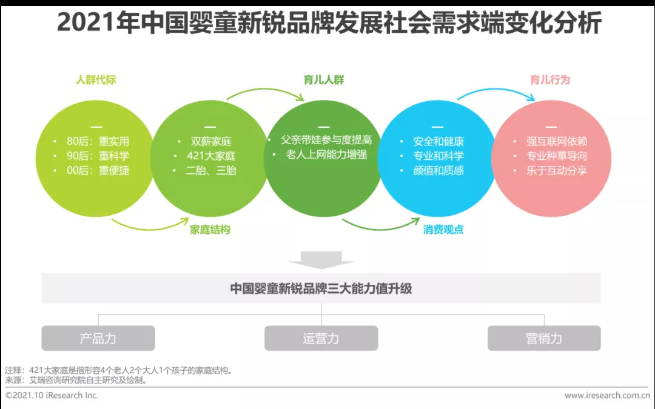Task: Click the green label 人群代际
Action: point(96,80)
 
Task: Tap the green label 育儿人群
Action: point(324,80)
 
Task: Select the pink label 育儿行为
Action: point(549,80)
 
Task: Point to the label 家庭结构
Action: point(210,230)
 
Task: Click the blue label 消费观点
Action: point(443,230)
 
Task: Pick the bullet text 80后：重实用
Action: point(98,141)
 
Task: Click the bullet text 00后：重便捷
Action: point(98,170)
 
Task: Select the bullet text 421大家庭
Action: point(211,156)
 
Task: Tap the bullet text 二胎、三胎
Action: point(211,170)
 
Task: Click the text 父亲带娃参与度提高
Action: point(326,140)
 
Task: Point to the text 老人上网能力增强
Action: point(326,155)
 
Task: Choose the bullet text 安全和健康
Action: point(438,141)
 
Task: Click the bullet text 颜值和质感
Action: point(438,170)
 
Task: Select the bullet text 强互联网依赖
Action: point(556,141)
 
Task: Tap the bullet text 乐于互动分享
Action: point(556,170)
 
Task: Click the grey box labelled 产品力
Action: point(98,338)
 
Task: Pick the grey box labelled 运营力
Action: point(321,338)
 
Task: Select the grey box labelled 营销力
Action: point(544,338)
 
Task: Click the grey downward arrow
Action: point(321,259)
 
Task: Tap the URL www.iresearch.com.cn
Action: point(607,395)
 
